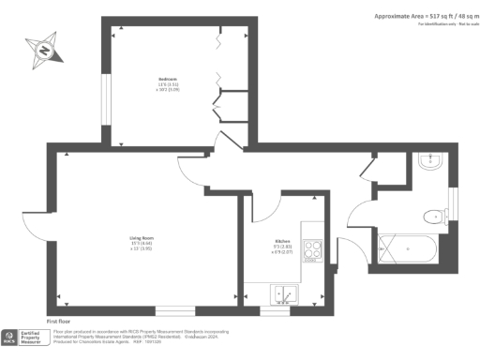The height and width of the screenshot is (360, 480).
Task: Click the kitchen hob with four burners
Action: click(x=314, y=249)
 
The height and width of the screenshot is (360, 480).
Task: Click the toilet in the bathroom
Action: click(x=434, y=217)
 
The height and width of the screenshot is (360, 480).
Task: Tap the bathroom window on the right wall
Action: click(x=453, y=201)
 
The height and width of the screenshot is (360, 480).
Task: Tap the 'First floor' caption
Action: click(x=60, y=321)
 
